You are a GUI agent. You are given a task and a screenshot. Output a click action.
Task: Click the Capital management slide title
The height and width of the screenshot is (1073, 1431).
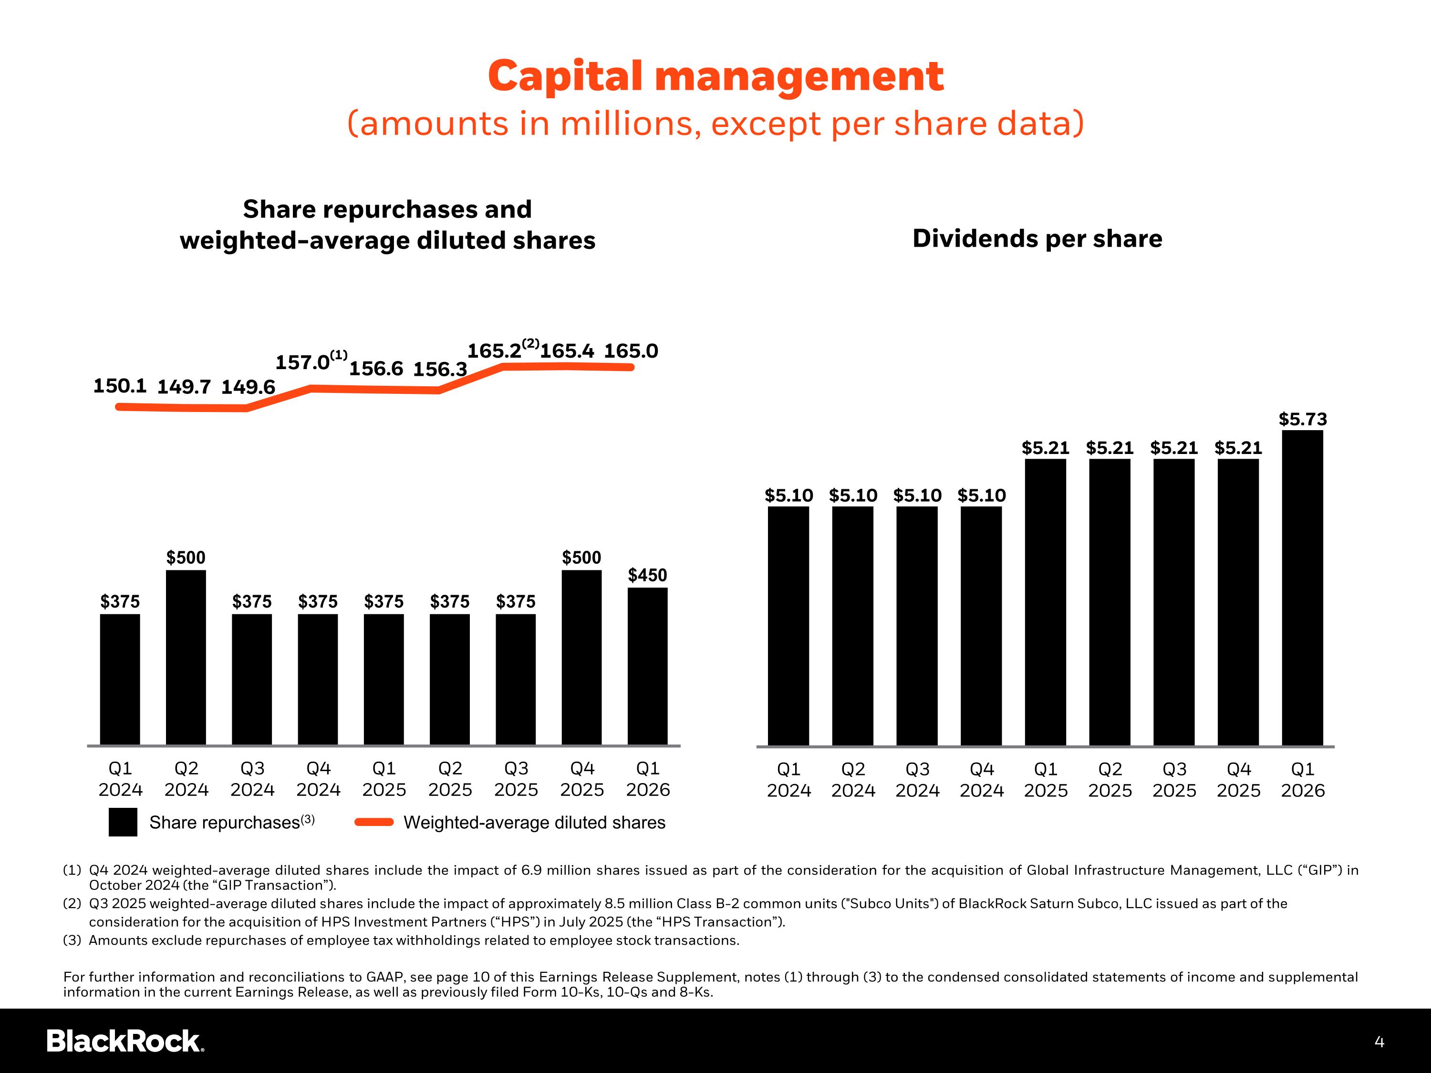pyautogui.click(x=715, y=76)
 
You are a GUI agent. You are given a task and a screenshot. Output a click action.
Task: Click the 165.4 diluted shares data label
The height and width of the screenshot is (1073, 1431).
pyautogui.click(x=567, y=351)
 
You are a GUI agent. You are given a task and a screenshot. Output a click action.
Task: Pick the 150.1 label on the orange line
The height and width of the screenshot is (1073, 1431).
pyautogui.click(x=120, y=386)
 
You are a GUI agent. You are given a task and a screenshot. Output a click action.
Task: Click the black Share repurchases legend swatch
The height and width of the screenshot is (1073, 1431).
pyautogui.click(x=123, y=822)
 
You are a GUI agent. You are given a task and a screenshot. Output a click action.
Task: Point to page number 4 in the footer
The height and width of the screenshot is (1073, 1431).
pyautogui.click(x=1379, y=1042)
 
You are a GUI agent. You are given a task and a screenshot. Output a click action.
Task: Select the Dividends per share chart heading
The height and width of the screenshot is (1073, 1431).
pyautogui.click(x=1037, y=238)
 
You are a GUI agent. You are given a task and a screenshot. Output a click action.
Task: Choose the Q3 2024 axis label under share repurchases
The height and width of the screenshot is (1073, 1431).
pyautogui.click(x=252, y=779)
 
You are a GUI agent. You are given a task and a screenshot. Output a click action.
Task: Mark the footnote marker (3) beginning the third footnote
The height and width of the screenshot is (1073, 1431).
pyautogui.click(x=72, y=940)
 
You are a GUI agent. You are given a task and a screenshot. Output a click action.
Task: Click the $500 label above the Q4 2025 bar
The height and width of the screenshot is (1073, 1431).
pyautogui.click(x=581, y=557)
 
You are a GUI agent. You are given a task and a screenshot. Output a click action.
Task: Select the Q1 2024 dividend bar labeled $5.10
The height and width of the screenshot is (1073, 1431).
pyautogui.click(x=788, y=625)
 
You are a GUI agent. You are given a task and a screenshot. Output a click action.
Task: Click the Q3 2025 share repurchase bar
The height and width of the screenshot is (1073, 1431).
pyautogui.click(x=516, y=679)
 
